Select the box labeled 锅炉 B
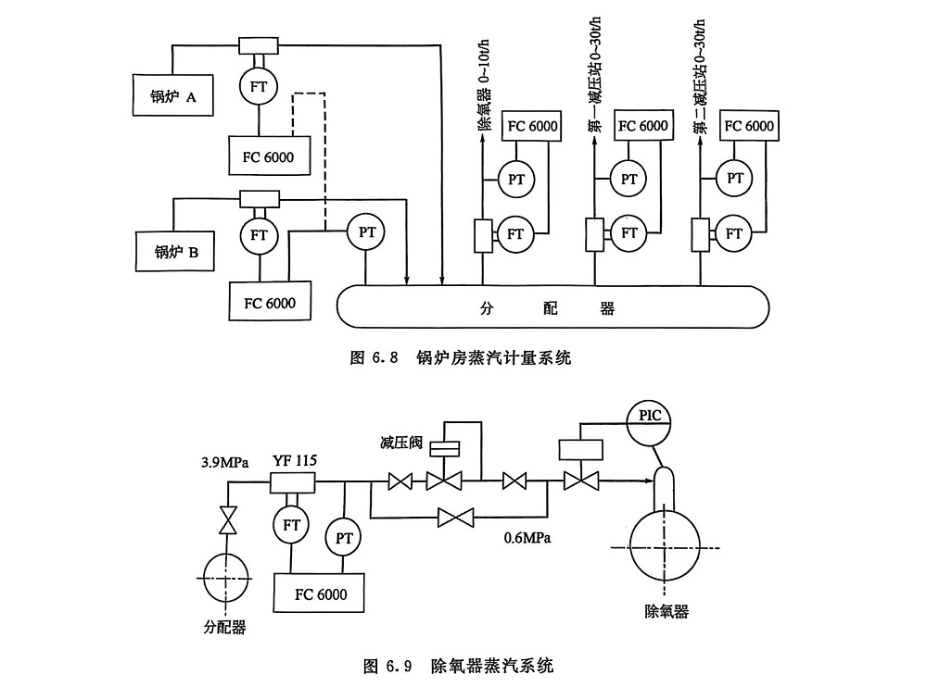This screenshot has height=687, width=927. point(174,251)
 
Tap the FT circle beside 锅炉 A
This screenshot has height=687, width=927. point(258,86)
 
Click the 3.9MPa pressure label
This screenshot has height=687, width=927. point(223,461)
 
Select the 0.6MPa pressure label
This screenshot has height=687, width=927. point(527,535)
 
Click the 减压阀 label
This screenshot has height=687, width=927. point(400,442)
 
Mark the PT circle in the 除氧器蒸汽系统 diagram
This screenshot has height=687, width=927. point(343,537)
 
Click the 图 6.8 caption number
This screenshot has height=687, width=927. point(374,356)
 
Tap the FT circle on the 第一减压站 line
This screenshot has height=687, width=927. point(629,233)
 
